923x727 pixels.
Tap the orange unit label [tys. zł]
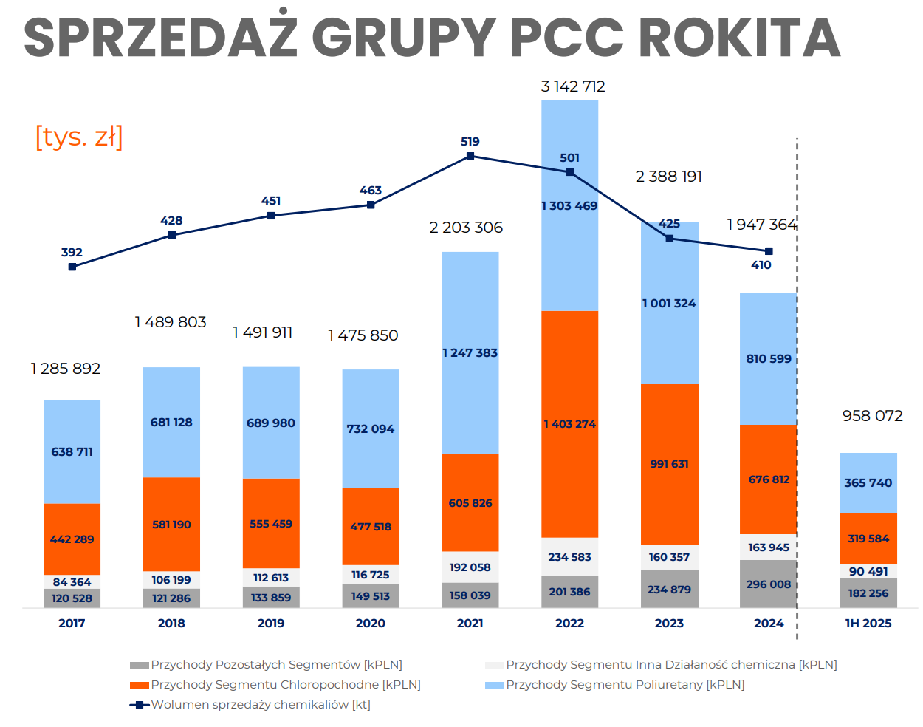79,137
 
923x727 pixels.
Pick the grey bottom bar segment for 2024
769,584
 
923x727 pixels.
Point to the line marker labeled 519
470,156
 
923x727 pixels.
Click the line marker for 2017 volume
72,267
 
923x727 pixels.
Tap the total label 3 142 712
573,86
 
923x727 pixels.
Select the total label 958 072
872,416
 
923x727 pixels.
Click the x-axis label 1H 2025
868,623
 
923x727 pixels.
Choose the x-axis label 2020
371,623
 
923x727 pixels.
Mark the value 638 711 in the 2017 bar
72,451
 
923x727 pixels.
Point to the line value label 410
761,265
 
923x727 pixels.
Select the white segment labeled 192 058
470,567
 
